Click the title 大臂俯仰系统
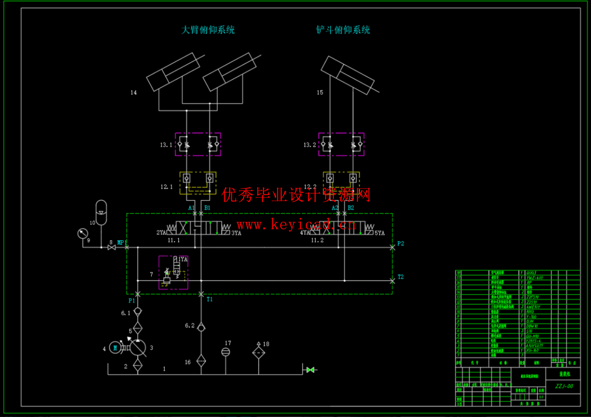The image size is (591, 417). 208,30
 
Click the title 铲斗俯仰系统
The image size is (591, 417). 343,30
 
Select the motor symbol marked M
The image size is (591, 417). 115,348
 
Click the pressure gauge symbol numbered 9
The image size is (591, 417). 83,233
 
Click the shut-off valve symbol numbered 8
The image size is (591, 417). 112,248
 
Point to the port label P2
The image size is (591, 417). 400,244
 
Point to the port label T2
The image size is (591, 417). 400,277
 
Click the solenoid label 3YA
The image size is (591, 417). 236,233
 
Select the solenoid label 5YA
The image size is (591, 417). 379,233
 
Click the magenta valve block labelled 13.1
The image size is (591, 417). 198,145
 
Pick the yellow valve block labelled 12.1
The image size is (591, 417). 198,183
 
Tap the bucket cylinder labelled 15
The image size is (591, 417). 348,75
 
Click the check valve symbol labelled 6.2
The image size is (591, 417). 201,327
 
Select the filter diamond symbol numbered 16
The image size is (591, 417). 201,361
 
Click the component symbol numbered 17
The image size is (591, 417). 226,352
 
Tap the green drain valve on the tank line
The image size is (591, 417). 310,370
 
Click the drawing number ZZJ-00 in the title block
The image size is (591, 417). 564,386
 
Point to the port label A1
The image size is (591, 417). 191,208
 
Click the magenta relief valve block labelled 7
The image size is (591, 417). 173,272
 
